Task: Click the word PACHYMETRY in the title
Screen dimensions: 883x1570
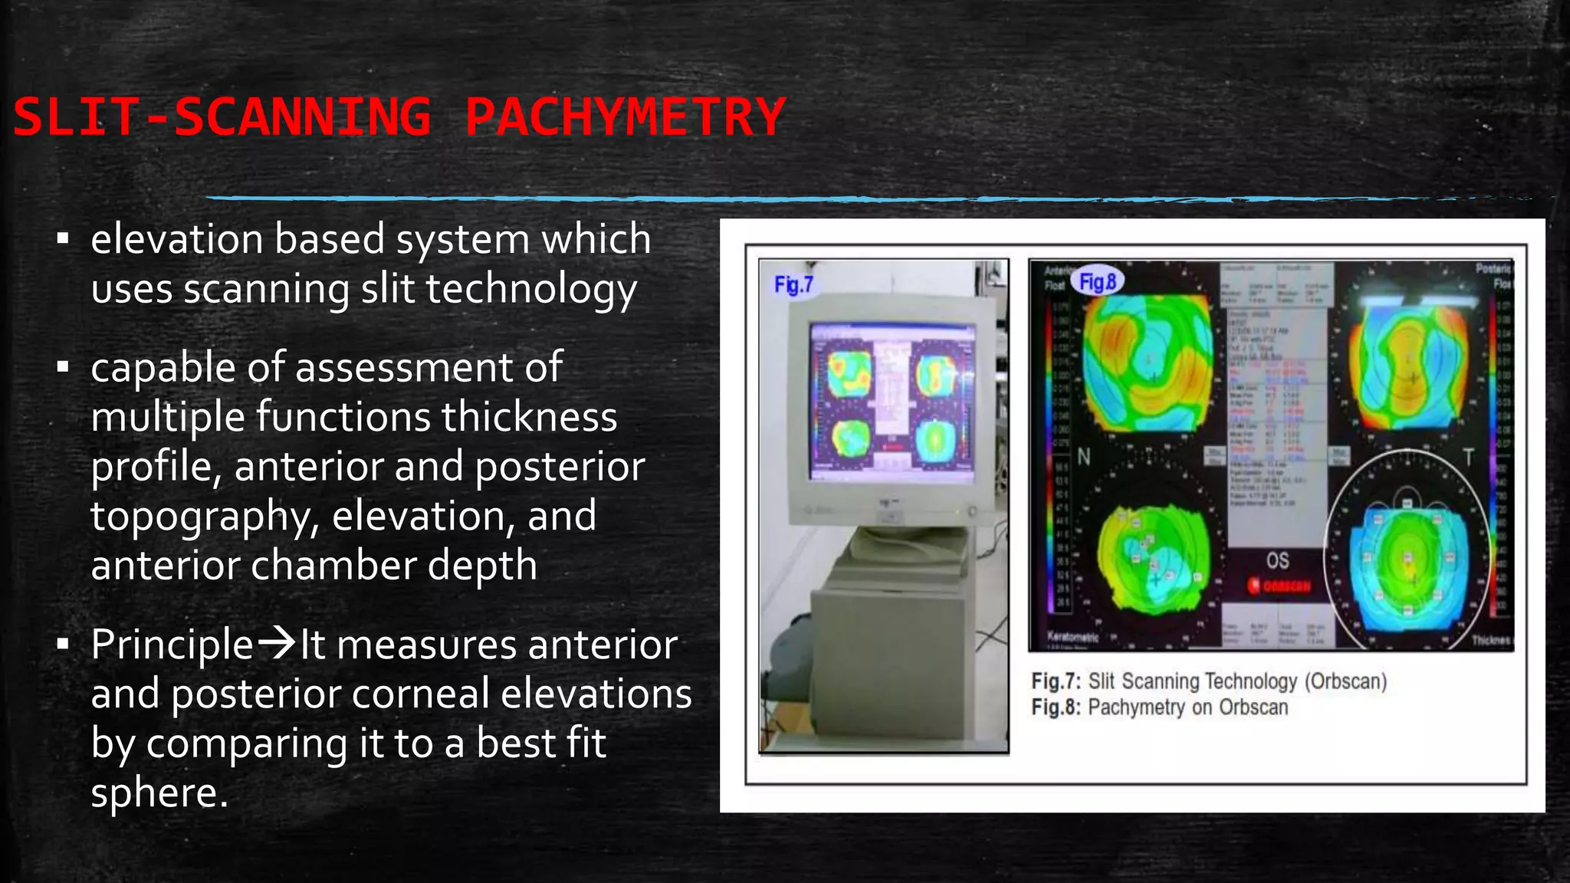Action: (x=625, y=117)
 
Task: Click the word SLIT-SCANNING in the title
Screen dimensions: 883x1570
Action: (x=222, y=117)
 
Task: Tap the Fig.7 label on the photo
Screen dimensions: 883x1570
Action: (x=793, y=285)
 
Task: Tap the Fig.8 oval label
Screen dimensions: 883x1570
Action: (x=1098, y=282)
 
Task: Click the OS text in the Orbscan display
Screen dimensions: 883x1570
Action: (x=1277, y=560)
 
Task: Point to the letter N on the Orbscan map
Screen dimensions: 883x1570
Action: (x=1084, y=458)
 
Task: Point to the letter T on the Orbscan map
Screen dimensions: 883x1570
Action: (x=1468, y=458)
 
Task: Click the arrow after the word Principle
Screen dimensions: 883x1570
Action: (x=276, y=642)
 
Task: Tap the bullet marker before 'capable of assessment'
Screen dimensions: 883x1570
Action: (x=63, y=367)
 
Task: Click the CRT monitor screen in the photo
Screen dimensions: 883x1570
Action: (x=892, y=401)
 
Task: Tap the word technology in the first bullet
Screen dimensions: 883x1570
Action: (x=530, y=290)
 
